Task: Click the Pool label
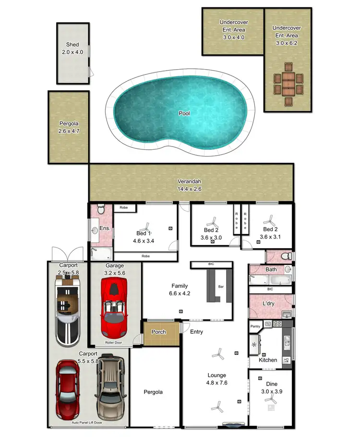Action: (184, 113)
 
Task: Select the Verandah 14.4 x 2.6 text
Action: (189, 185)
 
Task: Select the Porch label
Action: (158, 332)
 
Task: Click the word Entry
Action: (196, 332)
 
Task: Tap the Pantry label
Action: (255, 327)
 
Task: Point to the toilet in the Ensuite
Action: (100, 209)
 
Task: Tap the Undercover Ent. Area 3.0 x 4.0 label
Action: (233, 29)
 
